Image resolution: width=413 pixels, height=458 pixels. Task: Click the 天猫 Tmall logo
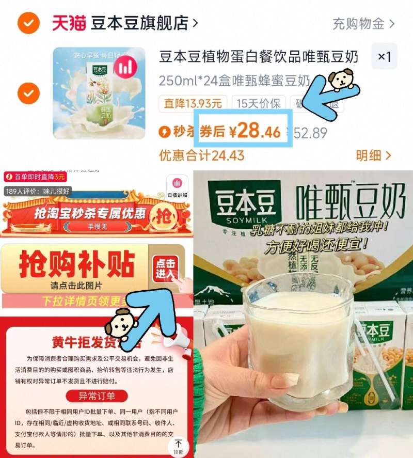(x=69, y=23)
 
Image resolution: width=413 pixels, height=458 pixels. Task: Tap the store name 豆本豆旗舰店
(x=140, y=23)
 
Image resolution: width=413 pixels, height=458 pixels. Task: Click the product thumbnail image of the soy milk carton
(x=99, y=93)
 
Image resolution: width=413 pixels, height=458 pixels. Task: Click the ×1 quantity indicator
(x=384, y=56)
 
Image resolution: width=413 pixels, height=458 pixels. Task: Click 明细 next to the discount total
(x=373, y=155)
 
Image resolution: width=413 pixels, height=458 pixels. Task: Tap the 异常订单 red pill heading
(x=97, y=396)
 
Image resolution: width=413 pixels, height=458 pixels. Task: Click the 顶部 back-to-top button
(x=179, y=447)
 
